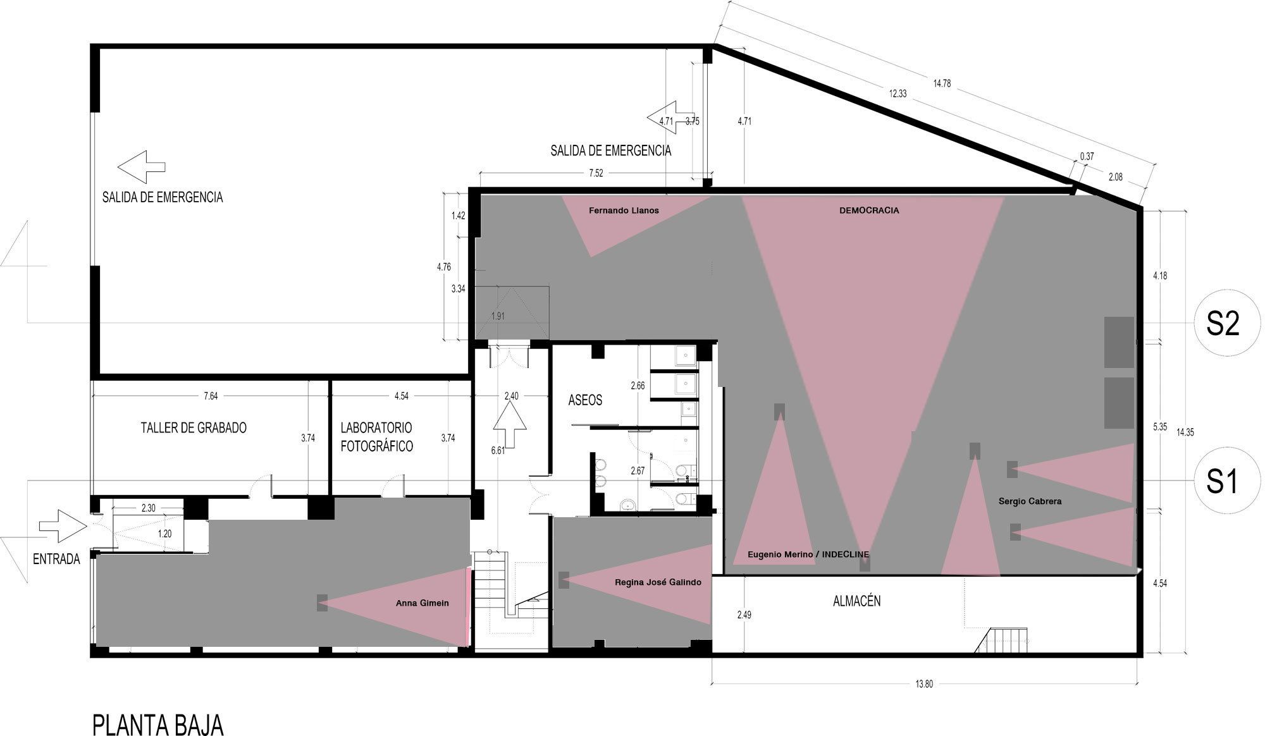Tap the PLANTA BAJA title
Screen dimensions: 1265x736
[x=158, y=725]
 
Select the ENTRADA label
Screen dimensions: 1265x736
[x=56, y=559]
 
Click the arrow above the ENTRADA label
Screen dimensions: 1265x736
[x=63, y=526]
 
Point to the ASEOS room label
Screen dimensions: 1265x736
[x=585, y=400]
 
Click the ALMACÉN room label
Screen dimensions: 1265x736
[x=856, y=601]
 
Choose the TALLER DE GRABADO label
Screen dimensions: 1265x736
[x=194, y=427]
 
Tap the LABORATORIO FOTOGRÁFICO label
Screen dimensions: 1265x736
[x=376, y=437]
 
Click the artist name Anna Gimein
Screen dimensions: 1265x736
[x=423, y=603]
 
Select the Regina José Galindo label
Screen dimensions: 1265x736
[x=658, y=582]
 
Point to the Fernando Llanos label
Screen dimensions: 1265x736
[x=624, y=211]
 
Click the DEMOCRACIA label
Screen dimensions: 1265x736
[x=869, y=211]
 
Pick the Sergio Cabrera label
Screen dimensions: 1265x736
[x=1030, y=501]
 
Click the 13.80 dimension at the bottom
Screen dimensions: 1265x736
[x=924, y=684]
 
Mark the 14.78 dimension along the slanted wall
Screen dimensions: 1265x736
[x=942, y=83]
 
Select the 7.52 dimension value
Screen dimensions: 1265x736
[x=596, y=173]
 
